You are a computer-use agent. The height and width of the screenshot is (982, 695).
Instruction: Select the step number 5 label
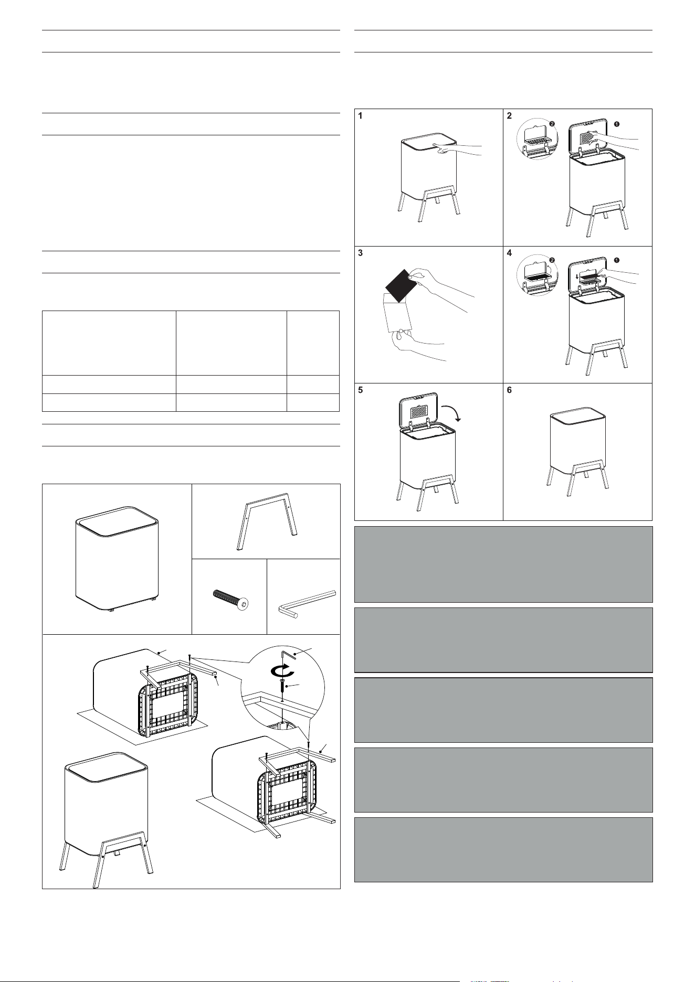click(360, 391)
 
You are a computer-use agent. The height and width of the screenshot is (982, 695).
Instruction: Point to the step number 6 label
click(510, 391)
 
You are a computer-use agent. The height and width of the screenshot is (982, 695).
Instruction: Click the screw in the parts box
click(230, 598)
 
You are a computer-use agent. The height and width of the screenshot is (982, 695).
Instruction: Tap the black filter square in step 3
click(402, 286)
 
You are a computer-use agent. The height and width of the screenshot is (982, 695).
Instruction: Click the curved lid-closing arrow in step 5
click(452, 411)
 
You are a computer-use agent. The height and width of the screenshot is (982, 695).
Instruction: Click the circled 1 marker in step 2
click(617, 124)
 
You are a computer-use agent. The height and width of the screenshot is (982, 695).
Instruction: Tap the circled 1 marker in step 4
click(617, 260)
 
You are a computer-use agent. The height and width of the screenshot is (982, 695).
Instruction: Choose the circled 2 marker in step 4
click(552, 260)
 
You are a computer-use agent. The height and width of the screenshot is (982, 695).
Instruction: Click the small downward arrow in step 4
click(577, 275)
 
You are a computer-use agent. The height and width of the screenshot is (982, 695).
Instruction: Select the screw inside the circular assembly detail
click(283, 688)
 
